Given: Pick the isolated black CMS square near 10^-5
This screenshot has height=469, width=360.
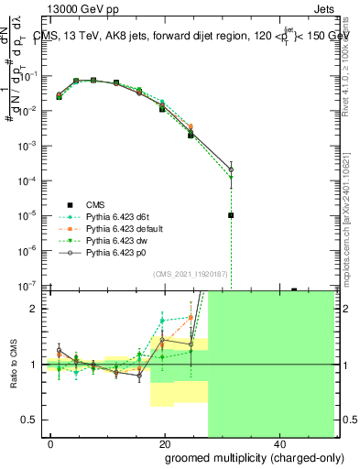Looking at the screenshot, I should pyautogui.click(x=231, y=215).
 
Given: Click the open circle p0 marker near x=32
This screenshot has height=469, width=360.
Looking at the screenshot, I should pyautogui.click(x=231, y=169).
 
